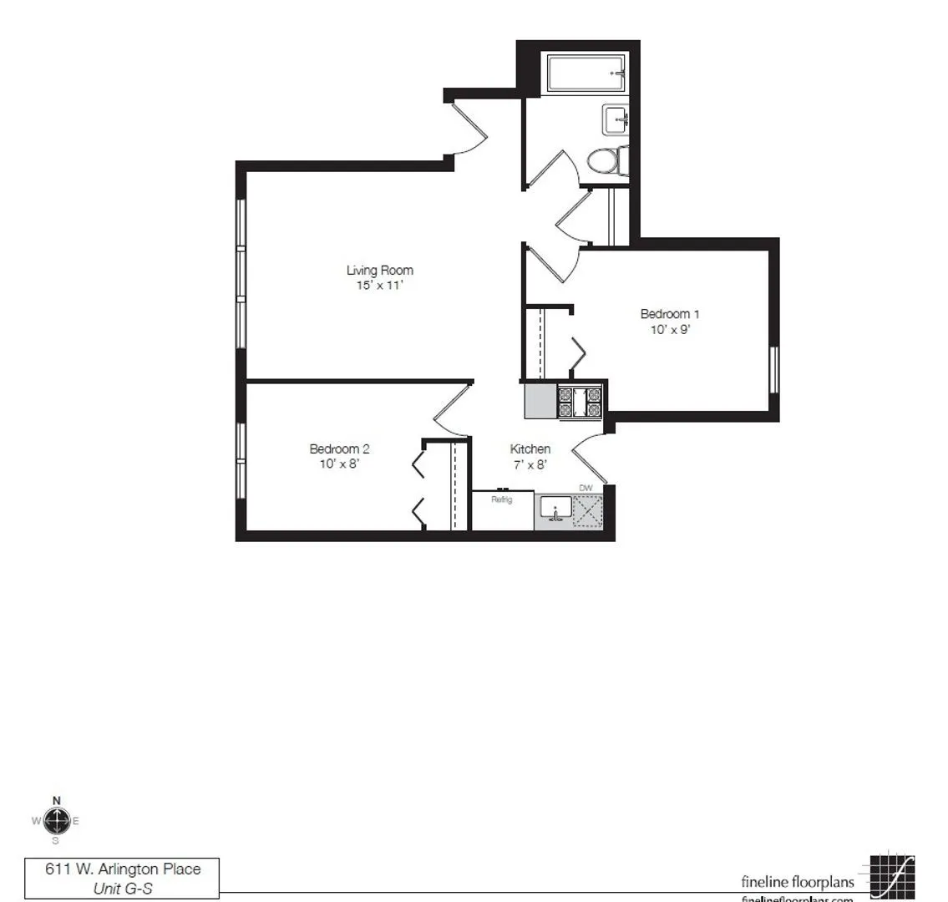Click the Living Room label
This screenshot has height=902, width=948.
pos(380,271)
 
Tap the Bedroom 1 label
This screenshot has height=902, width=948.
pos(669,314)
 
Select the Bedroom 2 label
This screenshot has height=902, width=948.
pos(339,449)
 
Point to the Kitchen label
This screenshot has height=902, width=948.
pos(530,449)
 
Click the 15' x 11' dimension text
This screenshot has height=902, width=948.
pos(380,286)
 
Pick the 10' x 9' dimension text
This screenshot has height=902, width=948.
pos(669,329)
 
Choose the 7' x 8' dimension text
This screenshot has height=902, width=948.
pos(530,464)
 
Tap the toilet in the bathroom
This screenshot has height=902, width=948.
pos(606,160)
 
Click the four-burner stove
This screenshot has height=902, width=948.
pos(580,402)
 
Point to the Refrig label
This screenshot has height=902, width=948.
pos(501,499)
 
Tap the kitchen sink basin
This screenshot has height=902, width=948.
pos(555,507)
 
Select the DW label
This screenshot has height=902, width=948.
pos(586,487)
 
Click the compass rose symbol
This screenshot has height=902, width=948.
pos(56,820)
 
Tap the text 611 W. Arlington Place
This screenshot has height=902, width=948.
pos(123,869)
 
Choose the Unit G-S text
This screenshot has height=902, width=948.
pos(123,888)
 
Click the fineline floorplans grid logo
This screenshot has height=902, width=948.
pos(891,878)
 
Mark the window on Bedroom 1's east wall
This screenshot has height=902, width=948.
pos(773,369)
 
